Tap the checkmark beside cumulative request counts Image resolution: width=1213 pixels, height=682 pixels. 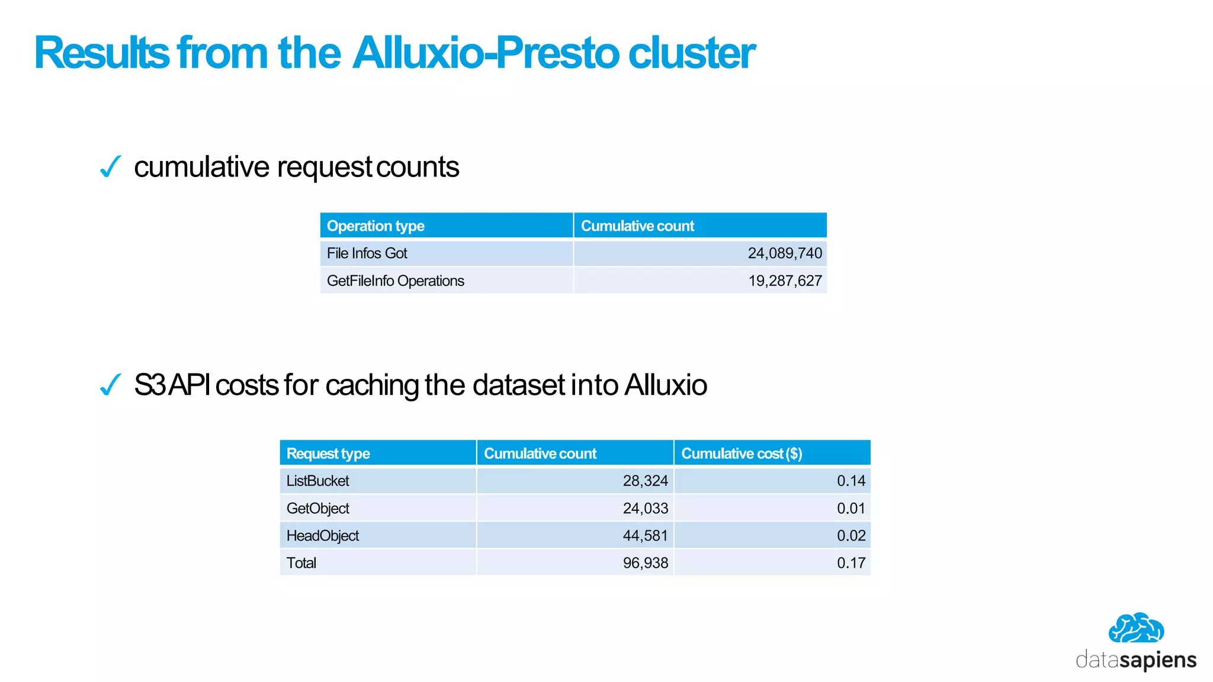[110, 167]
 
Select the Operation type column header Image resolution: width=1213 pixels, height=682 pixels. [376, 226]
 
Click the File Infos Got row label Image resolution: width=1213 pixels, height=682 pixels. [367, 253]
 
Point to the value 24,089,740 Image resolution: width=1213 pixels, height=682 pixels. [784, 253]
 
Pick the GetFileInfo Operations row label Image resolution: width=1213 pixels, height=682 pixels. [395, 281]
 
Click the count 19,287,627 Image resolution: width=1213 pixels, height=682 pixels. [784, 281]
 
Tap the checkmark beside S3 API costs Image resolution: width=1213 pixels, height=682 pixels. [110, 385]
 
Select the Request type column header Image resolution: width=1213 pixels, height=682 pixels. [328, 453]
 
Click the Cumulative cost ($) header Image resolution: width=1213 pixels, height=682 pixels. [742, 453]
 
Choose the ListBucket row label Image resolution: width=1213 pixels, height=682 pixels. [317, 481]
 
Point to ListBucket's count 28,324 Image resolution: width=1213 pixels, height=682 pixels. [645, 481]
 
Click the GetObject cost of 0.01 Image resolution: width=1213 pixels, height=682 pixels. [851, 508]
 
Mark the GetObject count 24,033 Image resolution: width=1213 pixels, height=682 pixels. [645, 508]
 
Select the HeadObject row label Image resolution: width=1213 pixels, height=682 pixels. [322, 536]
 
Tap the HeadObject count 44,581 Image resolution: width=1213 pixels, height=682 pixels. [645, 536]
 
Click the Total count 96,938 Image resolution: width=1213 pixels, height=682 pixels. [645, 563]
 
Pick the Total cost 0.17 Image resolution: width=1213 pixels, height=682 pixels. [851, 563]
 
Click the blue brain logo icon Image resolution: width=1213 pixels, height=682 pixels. [1135, 628]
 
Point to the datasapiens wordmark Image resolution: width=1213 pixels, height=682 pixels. [1135, 660]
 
